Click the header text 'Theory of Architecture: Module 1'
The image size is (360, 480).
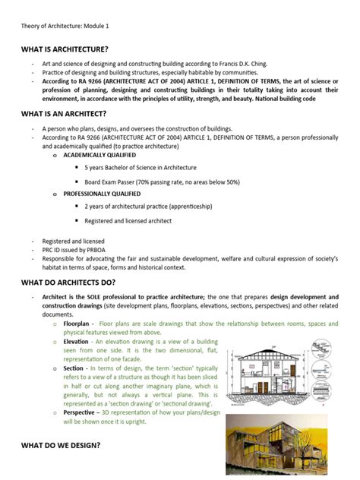[65, 26]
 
